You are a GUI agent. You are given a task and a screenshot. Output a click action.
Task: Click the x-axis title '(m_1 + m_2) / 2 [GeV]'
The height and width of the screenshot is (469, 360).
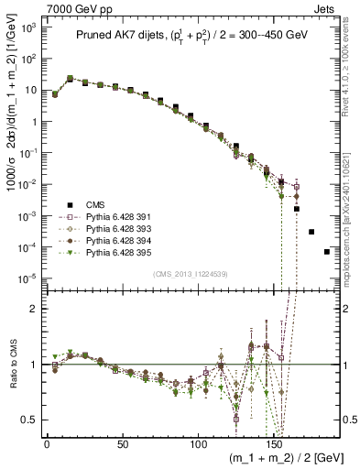point(282,461)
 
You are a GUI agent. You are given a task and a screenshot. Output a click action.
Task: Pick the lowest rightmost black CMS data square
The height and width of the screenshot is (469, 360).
point(327,252)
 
